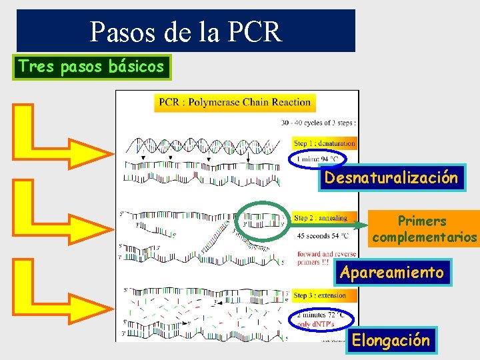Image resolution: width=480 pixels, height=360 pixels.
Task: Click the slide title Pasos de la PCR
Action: (186, 31)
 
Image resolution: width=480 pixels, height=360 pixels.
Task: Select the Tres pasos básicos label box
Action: (92, 67)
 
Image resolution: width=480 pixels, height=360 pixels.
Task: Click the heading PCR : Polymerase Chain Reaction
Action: (235, 103)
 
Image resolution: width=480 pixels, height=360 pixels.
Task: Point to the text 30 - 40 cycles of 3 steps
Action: (319, 123)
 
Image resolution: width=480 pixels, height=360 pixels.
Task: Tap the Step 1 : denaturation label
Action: (325, 143)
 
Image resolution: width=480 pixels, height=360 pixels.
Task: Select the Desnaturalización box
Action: (391, 178)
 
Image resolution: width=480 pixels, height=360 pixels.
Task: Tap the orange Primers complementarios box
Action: (424, 229)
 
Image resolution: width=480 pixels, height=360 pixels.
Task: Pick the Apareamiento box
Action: (391, 273)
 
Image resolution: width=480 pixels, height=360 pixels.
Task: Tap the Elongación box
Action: (391, 341)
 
